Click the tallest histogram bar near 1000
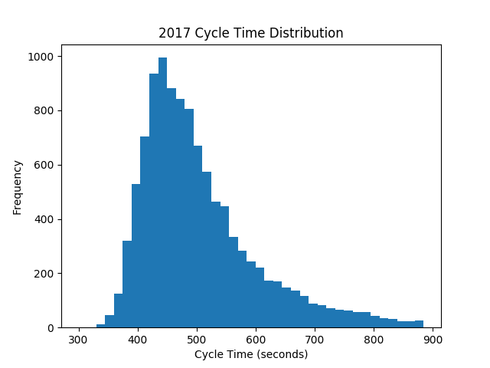[162, 192]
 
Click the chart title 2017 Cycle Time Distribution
[250, 33]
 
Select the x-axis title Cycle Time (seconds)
[250, 354]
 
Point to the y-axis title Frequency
[18, 187]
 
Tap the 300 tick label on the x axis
[78, 339]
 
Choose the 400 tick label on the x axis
[138, 339]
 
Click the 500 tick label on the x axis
[197, 339]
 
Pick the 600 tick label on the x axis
[256, 339]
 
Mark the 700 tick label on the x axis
[315, 339]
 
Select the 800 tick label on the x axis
[374, 339]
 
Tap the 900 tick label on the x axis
[433, 339]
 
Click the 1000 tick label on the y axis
[42, 57]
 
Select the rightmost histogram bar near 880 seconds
[419, 324]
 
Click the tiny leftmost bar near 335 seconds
[100, 326]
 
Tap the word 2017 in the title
[171, 33]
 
